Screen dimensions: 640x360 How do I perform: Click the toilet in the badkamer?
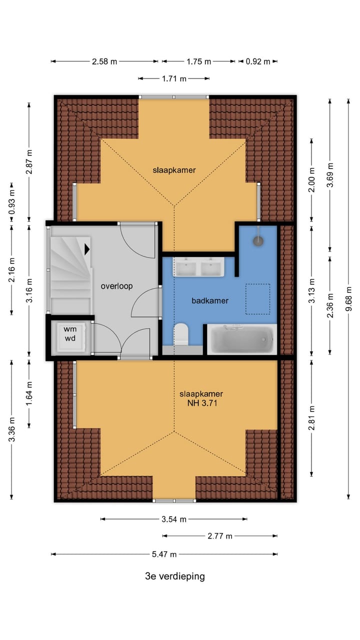point(181,333)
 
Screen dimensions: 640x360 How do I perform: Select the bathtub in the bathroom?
point(241,339)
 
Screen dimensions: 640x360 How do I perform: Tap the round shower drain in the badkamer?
point(258,241)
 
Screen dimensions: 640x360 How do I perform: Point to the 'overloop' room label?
point(116,286)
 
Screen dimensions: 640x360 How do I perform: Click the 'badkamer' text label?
point(210,300)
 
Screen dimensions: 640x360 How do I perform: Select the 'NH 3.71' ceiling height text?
point(201,402)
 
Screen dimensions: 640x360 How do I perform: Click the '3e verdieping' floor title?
point(174,576)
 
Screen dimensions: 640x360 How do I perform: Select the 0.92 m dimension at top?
point(257,61)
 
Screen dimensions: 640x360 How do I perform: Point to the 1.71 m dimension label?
point(173,78)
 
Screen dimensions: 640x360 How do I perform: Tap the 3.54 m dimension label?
point(173,519)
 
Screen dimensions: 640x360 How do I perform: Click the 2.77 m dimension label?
point(220,536)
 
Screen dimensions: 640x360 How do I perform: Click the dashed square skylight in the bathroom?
point(257,299)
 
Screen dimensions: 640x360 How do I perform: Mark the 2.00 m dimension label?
point(311,180)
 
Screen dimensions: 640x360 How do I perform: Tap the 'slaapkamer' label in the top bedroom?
point(174,170)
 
